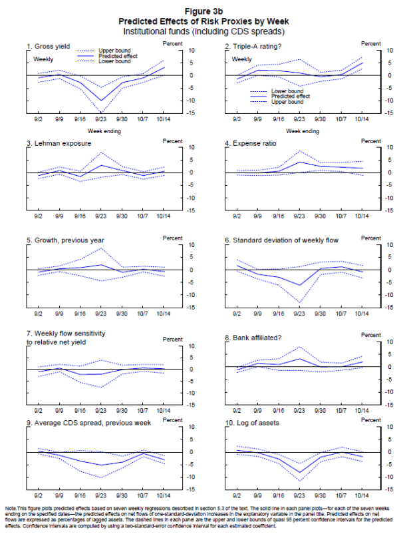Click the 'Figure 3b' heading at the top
[x=199, y=11]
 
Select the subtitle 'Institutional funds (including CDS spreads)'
[x=199, y=31]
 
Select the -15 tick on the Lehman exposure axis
[x=189, y=210]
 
